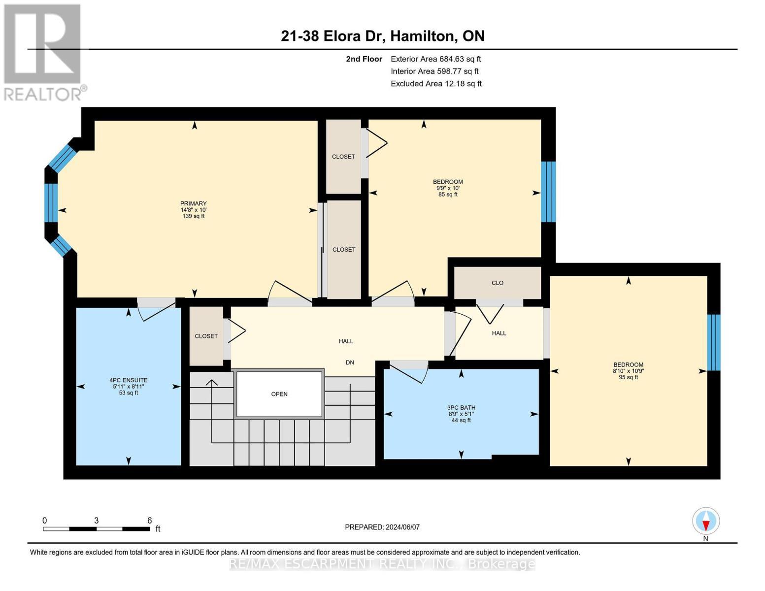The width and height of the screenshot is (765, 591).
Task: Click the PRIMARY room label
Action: point(193,203)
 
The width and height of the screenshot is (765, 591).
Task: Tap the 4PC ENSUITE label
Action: point(129,380)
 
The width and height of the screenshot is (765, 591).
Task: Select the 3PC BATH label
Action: point(461,408)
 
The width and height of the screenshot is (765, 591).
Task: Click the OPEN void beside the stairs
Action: point(279,394)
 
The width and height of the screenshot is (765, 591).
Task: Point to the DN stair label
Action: point(350,362)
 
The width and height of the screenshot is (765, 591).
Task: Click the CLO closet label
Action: point(498,283)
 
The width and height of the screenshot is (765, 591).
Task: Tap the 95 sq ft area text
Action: point(629,377)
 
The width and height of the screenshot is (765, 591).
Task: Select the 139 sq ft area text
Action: point(193,216)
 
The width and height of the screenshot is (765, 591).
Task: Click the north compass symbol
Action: point(706,521)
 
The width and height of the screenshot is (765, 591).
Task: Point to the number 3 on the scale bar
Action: point(96,520)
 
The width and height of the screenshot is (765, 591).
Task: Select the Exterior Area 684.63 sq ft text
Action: point(436,59)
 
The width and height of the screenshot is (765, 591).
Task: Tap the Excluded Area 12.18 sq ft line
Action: point(436,83)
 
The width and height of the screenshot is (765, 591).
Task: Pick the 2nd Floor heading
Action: point(364,59)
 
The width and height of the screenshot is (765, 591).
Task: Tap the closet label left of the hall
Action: point(206,336)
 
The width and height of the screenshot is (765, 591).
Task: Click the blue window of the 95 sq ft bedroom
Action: point(714,342)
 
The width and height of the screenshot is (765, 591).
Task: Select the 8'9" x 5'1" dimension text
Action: point(461,414)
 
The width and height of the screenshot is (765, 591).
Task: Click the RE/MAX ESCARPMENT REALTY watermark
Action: point(382,564)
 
